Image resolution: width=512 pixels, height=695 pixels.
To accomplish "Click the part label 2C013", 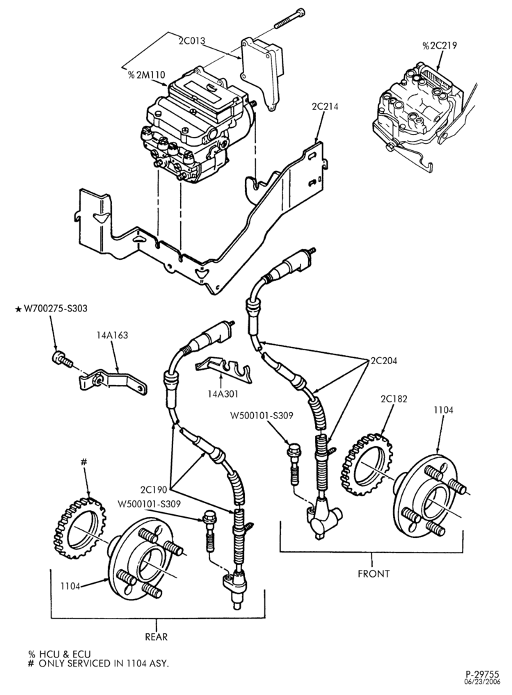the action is tap(192, 41).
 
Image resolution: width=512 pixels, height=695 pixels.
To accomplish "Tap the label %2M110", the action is tap(146, 75).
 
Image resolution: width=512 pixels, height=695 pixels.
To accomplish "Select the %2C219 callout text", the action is tap(439, 45).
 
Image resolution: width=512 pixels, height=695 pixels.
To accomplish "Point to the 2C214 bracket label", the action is tap(324, 106).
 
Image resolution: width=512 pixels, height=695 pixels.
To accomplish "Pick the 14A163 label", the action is tap(112, 335).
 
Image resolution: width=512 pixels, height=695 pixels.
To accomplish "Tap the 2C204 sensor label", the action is tap(383, 361).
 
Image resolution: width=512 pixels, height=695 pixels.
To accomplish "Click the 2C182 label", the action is tap(394, 399).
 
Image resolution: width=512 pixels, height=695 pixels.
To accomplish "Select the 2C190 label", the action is tap(154, 490).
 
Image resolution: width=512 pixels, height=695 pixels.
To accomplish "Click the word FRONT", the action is tap(374, 573).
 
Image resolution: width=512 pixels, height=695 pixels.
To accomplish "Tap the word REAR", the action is tap(156, 637).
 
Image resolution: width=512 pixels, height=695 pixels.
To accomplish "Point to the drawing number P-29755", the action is tap(482, 676).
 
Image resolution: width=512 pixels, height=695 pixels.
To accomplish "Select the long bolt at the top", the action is tap(289, 18).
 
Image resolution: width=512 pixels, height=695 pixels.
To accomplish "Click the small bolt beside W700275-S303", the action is tap(61, 359).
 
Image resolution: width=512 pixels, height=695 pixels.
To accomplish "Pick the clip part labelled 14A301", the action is tap(223, 368).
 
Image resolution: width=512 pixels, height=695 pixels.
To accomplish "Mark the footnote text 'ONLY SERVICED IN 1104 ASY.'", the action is tap(104, 664).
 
